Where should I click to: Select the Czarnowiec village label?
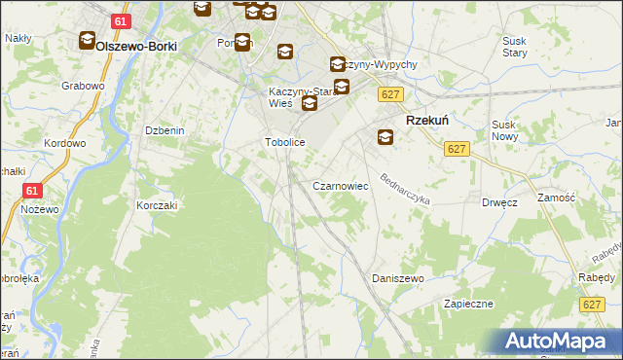[339, 185]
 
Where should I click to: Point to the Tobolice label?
[286, 143]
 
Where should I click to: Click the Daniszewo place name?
[399, 278]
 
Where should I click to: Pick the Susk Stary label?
[514, 48]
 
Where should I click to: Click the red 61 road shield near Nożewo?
[31, 192]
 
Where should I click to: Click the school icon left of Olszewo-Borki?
[86, 41]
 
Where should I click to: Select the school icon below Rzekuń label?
[385, 137]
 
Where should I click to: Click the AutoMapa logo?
[554, 341]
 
